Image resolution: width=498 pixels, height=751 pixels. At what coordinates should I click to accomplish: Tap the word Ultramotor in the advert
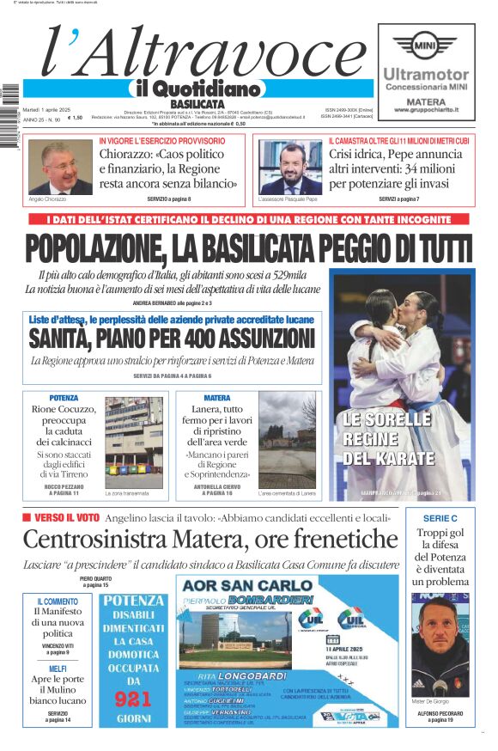tap(426, 75)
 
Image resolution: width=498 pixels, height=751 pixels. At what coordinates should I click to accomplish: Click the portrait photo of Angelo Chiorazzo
tap(55, 168)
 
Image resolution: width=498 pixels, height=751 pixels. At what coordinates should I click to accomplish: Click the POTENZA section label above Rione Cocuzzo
tap(64, 398)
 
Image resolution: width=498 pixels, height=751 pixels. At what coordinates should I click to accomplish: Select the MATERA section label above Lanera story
tap(217, 398)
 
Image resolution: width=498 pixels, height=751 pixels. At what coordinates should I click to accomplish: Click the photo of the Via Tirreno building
tap(133, 446)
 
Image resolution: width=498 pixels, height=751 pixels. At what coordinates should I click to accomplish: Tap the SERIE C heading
tap(440, 519)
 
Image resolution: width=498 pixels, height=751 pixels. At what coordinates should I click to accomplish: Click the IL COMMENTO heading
tap(58, 601)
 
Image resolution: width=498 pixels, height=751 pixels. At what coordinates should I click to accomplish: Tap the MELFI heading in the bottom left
tap(58, 669)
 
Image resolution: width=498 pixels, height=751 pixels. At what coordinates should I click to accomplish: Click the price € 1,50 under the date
tap(76, 118)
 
